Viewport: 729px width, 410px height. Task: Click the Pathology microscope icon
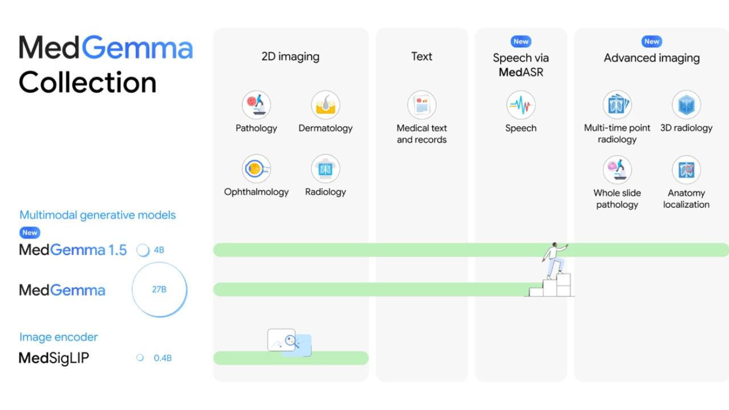[256, 105]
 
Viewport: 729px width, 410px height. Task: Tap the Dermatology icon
[325, 105]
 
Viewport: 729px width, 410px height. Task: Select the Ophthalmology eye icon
[256, 169]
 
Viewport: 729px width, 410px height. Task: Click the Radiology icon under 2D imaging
[325, 169]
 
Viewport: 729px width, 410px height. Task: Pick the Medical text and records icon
[421, 105]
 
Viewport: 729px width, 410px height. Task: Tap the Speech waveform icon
[521, 105]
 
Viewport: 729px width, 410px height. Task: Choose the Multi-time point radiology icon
[617, 105]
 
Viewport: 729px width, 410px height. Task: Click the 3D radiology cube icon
[686, 105]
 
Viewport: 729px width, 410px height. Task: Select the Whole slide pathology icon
[617, 170]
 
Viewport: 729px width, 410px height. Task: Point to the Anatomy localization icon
[686, 170]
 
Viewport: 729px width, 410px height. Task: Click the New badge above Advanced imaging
[652, 42]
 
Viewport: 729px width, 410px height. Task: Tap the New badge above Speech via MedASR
[521, 42]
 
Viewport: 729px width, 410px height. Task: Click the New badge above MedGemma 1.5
[30, 232]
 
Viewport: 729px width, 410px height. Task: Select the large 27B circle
[159, 289]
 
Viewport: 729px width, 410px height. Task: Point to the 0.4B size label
[162, 358]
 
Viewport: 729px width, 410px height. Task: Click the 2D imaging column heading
[290, 56]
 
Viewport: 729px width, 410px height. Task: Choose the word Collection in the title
[88, 82]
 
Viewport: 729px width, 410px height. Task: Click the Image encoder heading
[59, 337]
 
